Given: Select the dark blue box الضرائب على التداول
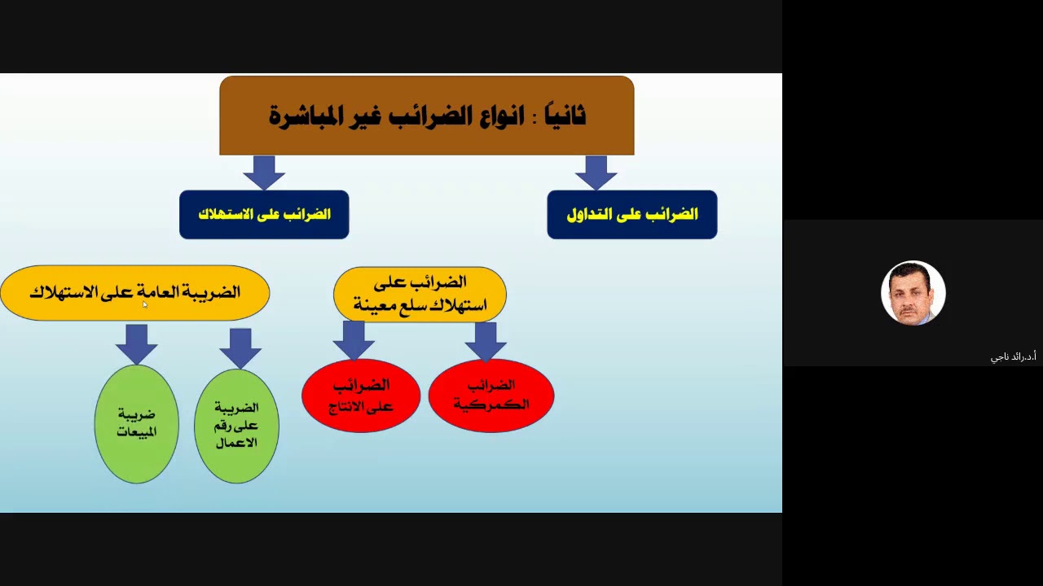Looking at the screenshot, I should pyautogui.click(x=632, y=215).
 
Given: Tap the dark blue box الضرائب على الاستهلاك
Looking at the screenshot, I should pyautogui.click(x=264, y=215).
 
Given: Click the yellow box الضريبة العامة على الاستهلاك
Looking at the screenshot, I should pyautogui.click(x=134, y=292).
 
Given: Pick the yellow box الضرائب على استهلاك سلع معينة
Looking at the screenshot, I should pyautogui.click(x=420, y=294).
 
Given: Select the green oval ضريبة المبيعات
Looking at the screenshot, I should pyautogui.click(x=136, y=423).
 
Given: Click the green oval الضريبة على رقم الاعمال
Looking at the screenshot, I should pyautogui.click(x=236, y=426).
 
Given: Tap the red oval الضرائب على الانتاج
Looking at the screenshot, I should pyautogui.click(x=361, y=395).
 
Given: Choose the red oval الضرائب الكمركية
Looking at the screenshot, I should pyautogui.click(x=491, y=395).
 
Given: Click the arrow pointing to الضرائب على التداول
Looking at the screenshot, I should pyautogui.click(x=596, y=172).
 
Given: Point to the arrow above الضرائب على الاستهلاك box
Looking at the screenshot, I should pyautogui.click(x=263, y=172).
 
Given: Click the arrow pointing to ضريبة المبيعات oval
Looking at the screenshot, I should pyautogui.click(x=136, y=343).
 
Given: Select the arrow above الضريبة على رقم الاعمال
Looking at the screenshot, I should pyautogui.click(x=240, y=347).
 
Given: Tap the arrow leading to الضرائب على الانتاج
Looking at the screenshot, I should pyautogui.click(x=354, y=339).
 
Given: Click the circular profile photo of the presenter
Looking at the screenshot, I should pyautogui.click(x=913, y=293).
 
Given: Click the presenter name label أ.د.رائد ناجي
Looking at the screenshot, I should pyautogui.click(x=1013, y=357).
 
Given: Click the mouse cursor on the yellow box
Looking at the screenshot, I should pyautogui.click(x=145, y=304).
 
